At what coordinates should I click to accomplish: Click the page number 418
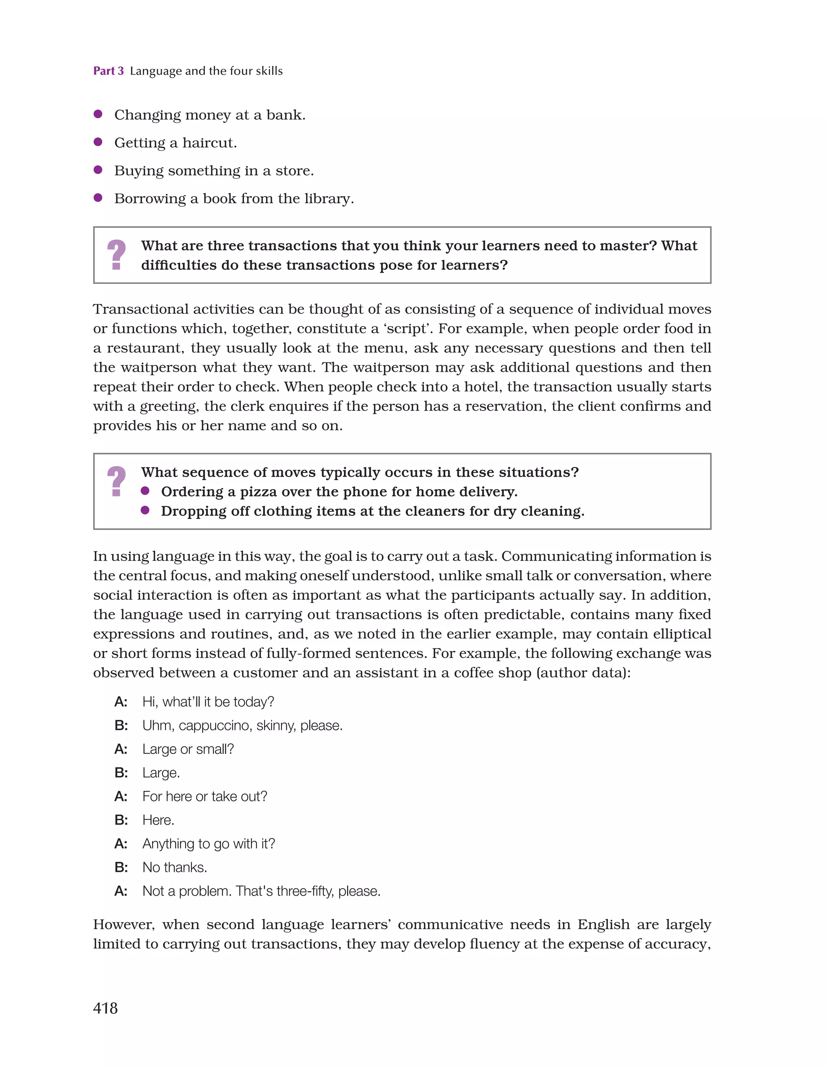click(105, 1008)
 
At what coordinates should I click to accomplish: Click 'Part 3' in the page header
click(108, 71)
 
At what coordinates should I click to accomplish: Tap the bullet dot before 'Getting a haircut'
click(98, 142)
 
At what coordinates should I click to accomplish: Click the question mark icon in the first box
click(116, 254)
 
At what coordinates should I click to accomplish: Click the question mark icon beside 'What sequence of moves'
click(116, 481)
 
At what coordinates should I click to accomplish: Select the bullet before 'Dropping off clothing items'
click(145, 510)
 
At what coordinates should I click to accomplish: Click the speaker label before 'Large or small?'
click(121, 749)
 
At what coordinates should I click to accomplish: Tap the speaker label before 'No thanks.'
click(121, 867)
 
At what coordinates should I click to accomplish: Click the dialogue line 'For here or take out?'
click(204, 796)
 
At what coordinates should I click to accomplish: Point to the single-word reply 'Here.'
click(158, 820)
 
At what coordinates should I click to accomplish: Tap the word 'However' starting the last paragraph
click(124, 924)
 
